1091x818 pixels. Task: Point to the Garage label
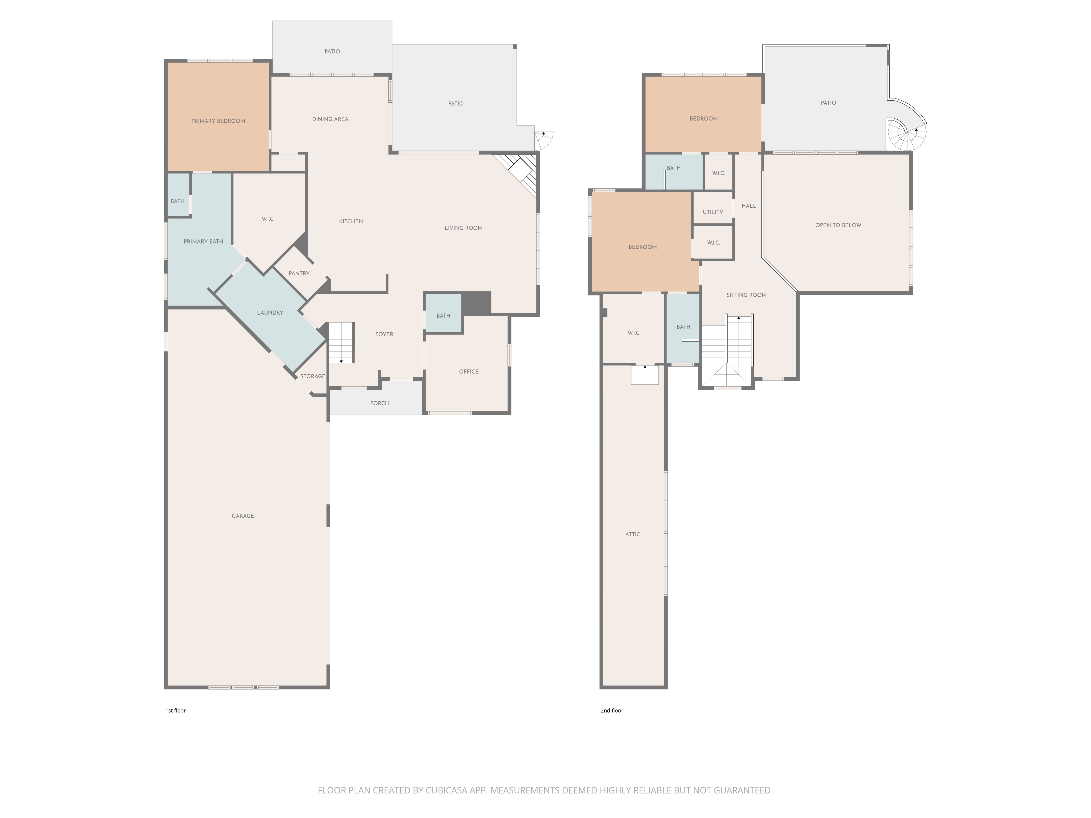[243, 516]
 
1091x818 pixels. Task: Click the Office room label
[469, 372]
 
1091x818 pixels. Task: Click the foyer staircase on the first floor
[341, 343]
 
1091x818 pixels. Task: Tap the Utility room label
[713, 212]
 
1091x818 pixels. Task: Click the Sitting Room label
[746, 295]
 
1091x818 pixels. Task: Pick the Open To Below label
[838, 225]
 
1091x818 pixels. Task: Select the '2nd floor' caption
[612, 711]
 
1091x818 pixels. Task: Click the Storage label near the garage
[313, 376]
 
